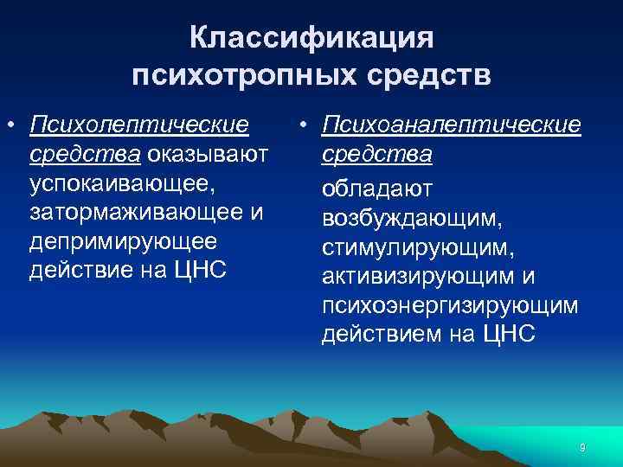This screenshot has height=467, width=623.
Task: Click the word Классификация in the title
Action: [x=311, y=39]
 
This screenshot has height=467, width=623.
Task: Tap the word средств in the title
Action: [x=431, y=76]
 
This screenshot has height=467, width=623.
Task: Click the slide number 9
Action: [x=582, y=447]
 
